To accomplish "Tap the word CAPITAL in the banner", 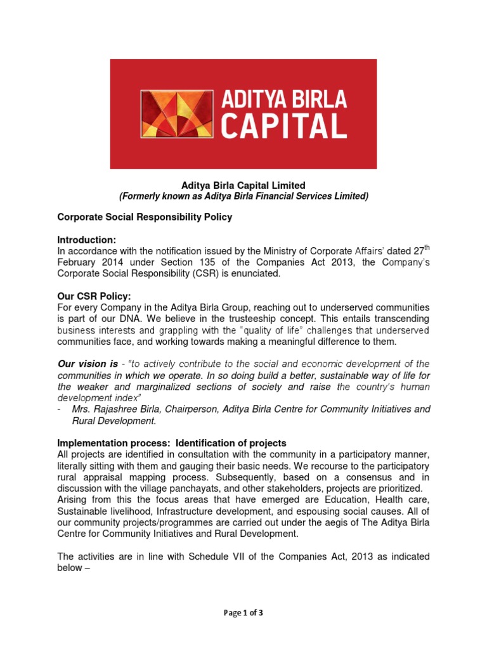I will point(283,125).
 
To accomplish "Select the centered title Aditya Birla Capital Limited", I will point(243,185).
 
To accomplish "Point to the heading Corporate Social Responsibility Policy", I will point(145,217).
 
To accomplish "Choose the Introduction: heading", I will point(87,240).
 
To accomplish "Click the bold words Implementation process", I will point(113,443).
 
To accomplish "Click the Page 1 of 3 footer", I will point(243,613).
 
